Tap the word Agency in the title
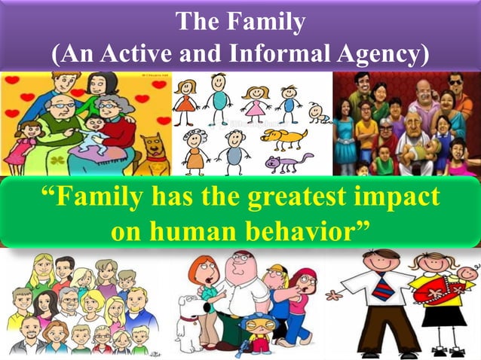click(390, 55)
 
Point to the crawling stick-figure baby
click(320, 113)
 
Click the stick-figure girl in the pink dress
click(256, 102)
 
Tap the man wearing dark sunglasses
click(456, 84)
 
